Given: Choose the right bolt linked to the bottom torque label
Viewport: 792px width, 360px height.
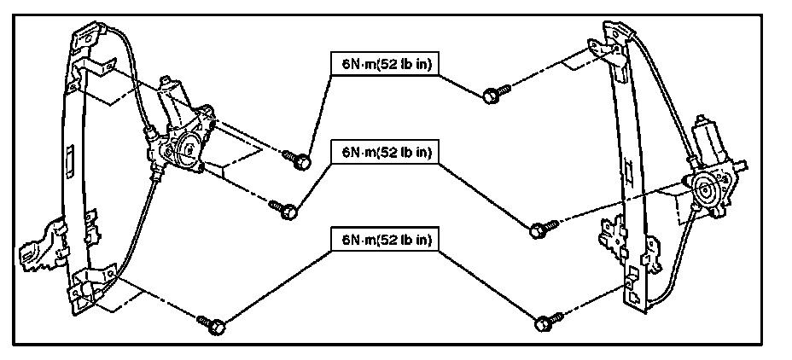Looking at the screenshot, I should (543, 322).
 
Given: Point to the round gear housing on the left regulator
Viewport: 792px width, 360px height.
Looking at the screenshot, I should (185, 151).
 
